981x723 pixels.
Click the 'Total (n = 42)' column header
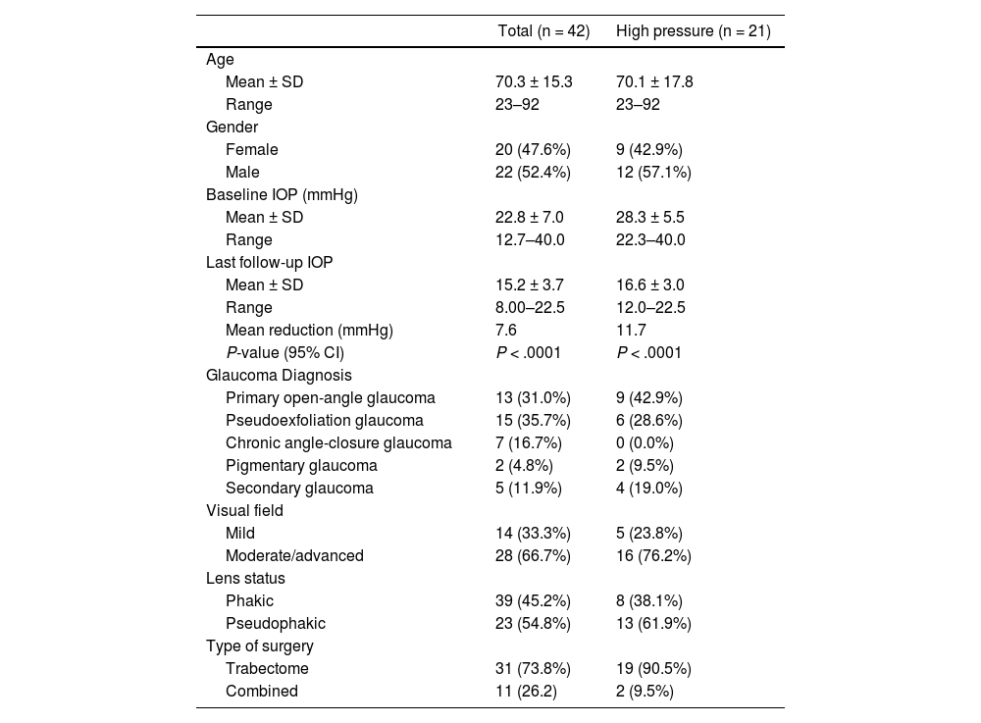pyautogui.click(x=543, y=31)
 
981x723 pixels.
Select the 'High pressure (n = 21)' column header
pyautogui.click(x=693, y=31)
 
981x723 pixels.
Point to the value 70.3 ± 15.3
pyautogui.click(x=534, y=81)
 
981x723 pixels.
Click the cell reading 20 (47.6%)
pyautogui.click(x=533, y=149)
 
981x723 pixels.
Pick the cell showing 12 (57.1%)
pyautogui.click(x=653, y=172)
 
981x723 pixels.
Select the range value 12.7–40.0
pyautogui.click(x=530, y=239)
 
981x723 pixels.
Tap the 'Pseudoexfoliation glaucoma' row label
pyautogui.click(x=325, y=420)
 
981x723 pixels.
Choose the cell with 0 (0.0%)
pyautogui.click(x=649, y=442)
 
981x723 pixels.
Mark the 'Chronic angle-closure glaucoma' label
pyautogui.click(x=338, y=442)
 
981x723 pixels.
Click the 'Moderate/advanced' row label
pyautogui.click(x=294, y=555)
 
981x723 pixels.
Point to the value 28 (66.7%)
pyautogui.click(x=533, y=555)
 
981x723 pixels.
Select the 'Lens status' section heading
pyautogui.click(x=245, y=578)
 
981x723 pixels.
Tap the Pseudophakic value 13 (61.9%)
pyautogui.click(x=653, y=623)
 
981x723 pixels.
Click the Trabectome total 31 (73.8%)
pyautogui.click(x=533, y=668)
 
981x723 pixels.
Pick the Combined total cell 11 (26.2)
pyautogui.click(x=530, y=691)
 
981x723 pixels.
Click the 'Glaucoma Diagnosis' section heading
pyautogui.click(x=279, y=375)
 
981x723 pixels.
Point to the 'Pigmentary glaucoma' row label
pyautogui.click(x=301, y=465)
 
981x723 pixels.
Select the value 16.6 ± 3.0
pyautogui.click(x=650, y=284)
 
